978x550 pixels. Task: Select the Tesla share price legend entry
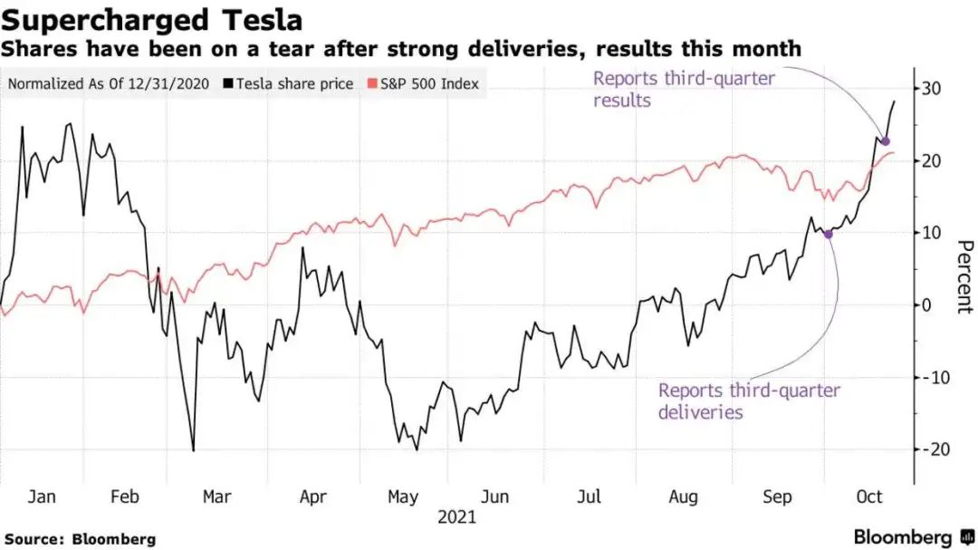(289, 84)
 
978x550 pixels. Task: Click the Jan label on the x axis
(42, 497)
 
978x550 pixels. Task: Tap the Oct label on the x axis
(869, 497)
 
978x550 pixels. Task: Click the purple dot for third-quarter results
(886, 141)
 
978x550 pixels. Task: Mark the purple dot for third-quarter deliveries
(828, 234)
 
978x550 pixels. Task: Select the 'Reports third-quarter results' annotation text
(684, 89)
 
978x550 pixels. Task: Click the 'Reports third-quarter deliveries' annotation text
(749, 401)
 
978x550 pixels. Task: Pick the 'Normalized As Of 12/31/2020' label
(109, 84)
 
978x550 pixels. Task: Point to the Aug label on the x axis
(684, 497)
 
